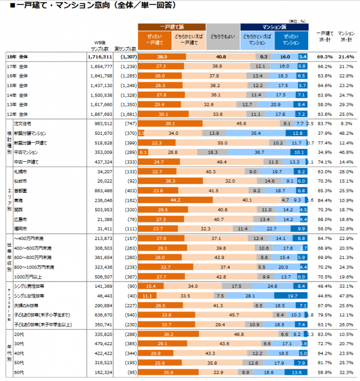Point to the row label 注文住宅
tap(29, 123)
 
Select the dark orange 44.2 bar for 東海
tap(174, 199)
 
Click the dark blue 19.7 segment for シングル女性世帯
tap(293, 296)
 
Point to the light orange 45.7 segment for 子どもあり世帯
tap(234, 315)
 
